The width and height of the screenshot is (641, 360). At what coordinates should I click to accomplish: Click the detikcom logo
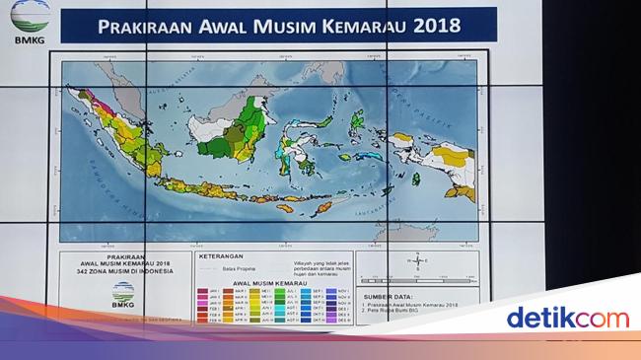[566, 318]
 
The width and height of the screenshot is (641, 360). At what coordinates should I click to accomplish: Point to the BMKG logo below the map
[124, 294]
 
